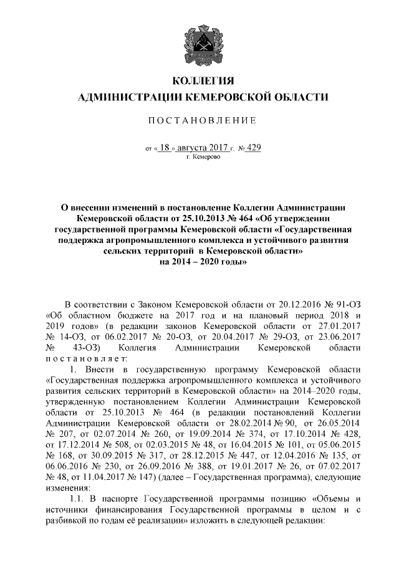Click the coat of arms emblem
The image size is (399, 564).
tap(199, 42)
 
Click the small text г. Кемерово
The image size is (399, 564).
tap(199, 158)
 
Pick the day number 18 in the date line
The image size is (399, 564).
tap(165, 148)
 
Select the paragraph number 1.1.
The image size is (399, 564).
tap(82, 500)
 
